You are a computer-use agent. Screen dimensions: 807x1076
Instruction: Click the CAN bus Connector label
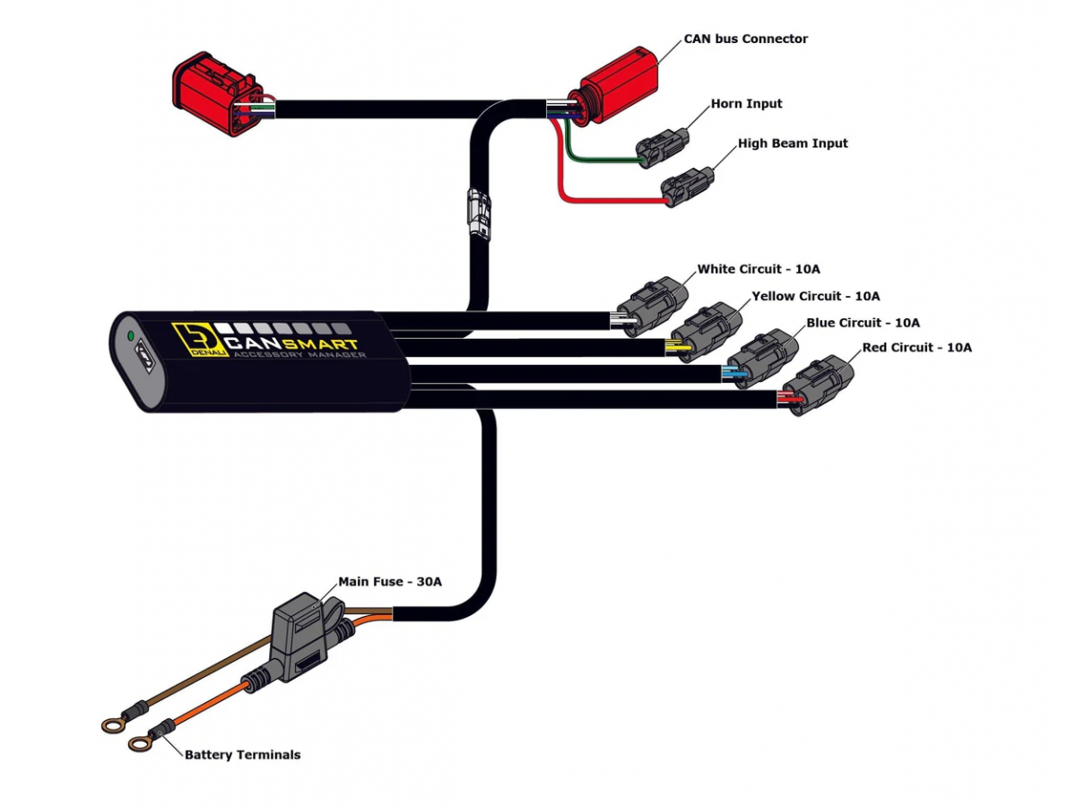[745, 39]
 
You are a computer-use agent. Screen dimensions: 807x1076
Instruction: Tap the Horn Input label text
[746, 103]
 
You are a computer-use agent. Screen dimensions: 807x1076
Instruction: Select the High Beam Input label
[792, 143]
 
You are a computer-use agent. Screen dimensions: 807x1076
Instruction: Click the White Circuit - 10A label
[759, 269]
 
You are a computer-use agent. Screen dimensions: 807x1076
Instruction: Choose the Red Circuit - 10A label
[916, 347]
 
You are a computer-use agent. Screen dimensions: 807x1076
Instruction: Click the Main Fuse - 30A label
[389, 581]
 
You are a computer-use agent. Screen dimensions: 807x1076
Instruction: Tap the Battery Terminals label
[242, 755]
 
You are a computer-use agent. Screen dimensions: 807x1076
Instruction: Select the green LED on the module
[131, 336]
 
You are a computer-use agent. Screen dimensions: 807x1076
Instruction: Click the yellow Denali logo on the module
[190, 341]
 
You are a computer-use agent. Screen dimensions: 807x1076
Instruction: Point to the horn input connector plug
[663, 146]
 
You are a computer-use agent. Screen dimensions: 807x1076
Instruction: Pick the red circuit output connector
[821, 385]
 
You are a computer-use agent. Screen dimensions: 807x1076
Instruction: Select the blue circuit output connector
[767, 360]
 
